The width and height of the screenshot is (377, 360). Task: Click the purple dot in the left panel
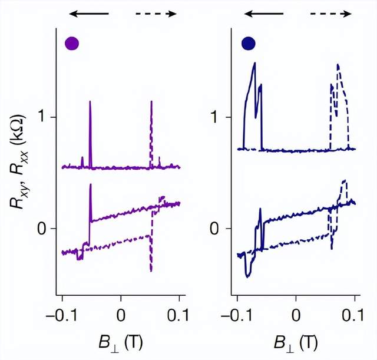click(72, 44)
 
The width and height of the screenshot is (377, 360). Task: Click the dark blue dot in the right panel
click(248, 44)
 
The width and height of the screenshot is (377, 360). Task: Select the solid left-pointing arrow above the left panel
click(89, 13)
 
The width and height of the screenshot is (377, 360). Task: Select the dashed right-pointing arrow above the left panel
click(156, 13)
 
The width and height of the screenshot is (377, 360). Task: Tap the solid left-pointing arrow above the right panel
click(264, 13)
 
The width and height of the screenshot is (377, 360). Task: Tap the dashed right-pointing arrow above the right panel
click(332, 13)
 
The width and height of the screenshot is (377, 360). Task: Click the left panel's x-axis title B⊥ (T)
click(121, 342)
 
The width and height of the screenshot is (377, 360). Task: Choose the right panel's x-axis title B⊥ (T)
click(296, 342)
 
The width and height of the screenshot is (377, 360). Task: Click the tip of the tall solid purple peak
click(90, 101)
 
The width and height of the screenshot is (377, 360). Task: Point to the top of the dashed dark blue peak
click(338, 64)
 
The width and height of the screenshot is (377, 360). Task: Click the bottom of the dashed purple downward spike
click(151, 272)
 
